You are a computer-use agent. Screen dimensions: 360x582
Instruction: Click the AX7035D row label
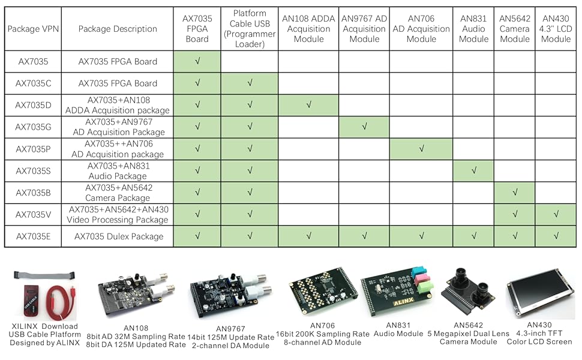tap(33, 105)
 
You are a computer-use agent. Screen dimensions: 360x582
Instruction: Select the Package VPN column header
tap(33, 29)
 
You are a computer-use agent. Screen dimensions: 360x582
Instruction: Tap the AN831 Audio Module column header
tap(473, 29)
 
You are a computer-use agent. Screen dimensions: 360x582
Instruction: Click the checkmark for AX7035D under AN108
tap(309, 105)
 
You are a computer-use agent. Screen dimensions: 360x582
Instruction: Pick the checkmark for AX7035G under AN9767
tap(364, 127)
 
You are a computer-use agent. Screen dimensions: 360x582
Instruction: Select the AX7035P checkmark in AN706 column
tap(421, 149)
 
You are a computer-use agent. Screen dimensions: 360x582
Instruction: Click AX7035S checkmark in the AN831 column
tap(473, 170)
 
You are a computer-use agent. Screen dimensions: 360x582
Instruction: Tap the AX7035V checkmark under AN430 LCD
tap(556, 214)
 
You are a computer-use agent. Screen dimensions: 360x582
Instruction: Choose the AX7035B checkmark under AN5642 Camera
tap(514, 193)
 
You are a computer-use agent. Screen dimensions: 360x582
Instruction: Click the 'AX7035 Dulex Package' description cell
tap(118, 236)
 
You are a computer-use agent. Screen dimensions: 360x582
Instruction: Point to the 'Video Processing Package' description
tap(118, 220)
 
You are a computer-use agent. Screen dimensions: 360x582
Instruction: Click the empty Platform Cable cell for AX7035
tap(250, 61)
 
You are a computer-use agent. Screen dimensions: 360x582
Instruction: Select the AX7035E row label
tap(33, 236)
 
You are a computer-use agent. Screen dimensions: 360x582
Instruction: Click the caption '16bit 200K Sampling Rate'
tap(323, 334)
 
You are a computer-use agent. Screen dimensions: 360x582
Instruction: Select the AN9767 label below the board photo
tap(230, 329)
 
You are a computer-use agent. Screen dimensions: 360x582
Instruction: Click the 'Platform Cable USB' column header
tap(250, 29)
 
